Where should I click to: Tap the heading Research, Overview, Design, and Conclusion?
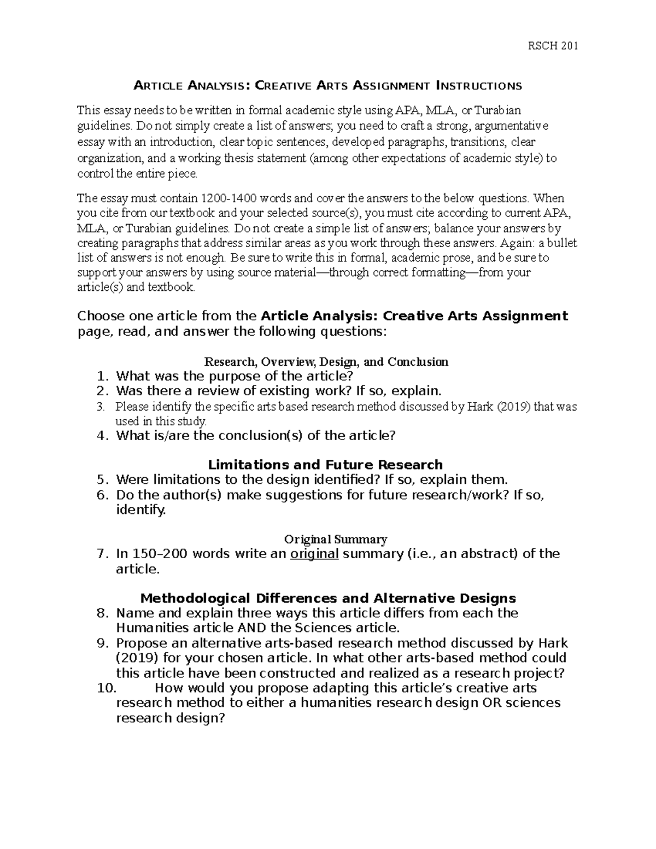(x=326, y=362)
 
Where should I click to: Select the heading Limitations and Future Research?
(x=326, y=465)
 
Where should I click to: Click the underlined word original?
(x=314, y=554)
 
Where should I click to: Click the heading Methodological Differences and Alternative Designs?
(x=328, y=598)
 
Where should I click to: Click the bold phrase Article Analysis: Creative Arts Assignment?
(x=415, y=316)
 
